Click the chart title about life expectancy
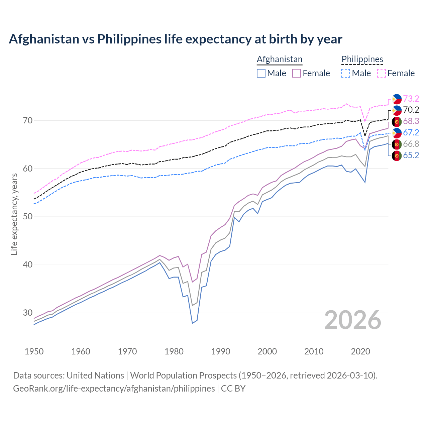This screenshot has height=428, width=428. click(x=176, y=39)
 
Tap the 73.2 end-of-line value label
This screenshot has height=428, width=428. click(x=411, y=99)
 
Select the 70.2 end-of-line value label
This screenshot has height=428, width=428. click(x=411, y=110)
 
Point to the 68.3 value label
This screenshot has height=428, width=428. click(x=411, y=121)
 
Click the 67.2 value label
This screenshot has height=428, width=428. click(x=411, y=132)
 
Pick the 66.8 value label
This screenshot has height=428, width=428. click(x=411, y=144)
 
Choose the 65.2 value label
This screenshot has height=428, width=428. click(x=411, y=155)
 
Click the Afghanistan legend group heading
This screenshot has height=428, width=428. click(x=280, y=59)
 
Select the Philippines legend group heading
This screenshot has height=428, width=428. click(x=362, y=59)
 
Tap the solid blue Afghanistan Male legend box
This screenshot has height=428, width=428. click(x=261, y=73)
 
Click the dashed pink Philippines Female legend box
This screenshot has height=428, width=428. click(x=382, y=73)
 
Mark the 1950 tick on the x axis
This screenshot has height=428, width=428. click(x=34, y=351)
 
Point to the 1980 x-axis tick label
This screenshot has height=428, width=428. click(x=174, y=351)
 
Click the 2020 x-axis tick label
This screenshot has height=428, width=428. click(x=360, y=351)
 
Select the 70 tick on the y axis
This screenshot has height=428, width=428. click(x=27, y=120)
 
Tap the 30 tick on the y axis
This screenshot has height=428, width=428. click(x=27, y=313)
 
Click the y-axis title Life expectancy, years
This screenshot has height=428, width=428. click(x=14, y=214)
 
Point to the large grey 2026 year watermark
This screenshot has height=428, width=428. click(x=353, y=320)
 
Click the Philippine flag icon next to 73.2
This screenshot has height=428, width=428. click(x=397, y=99)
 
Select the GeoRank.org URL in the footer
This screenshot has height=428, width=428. click(x=114, y=389)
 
